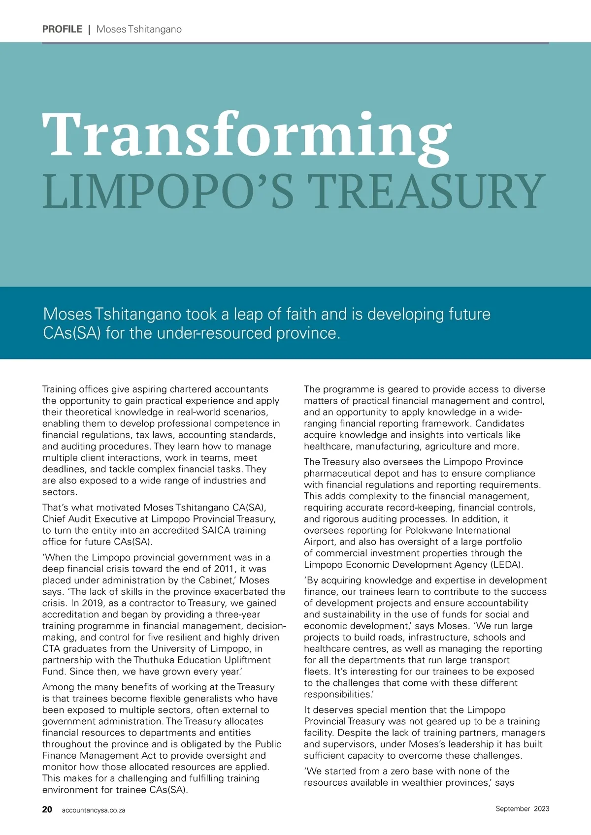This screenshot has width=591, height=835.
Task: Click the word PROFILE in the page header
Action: coord(62,29)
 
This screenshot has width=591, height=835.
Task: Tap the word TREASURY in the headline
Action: coord(427,192)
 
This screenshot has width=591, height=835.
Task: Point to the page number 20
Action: coord(47,809)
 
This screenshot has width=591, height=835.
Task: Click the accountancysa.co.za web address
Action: coord(94,810)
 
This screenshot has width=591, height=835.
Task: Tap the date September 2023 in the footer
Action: coord(522,808)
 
